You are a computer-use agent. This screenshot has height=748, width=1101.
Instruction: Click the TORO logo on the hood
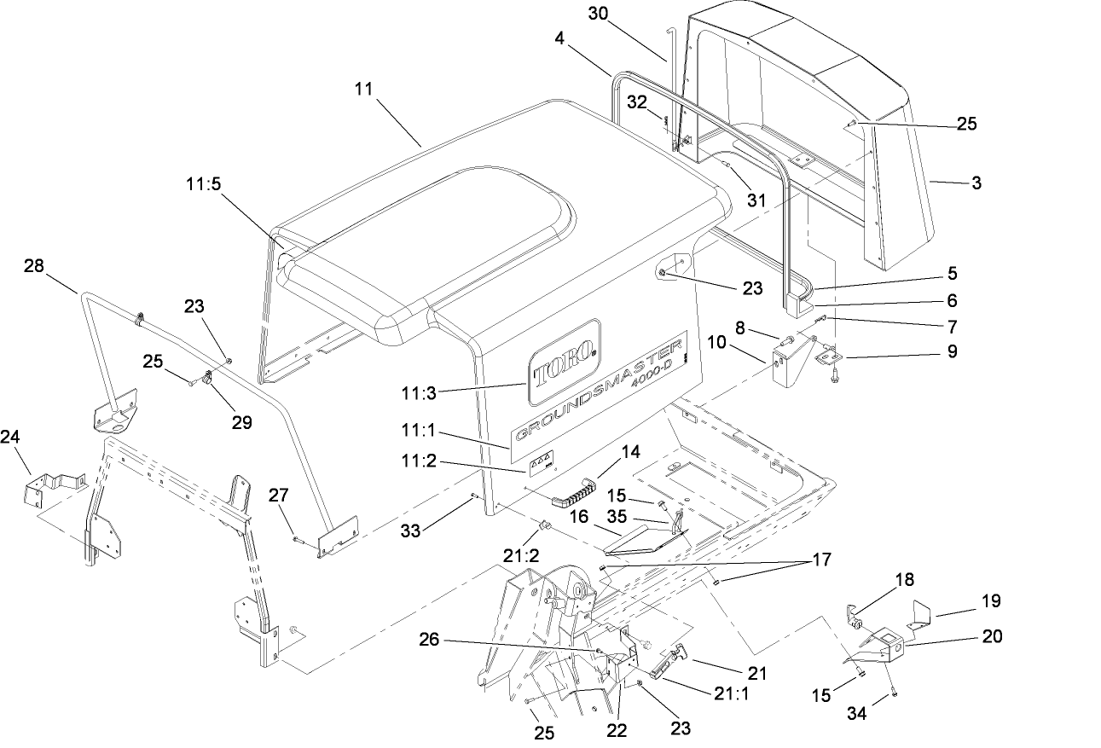click(564, 362)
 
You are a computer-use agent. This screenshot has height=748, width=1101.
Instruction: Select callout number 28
click(34, 267)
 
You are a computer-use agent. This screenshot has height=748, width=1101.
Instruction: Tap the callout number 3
click(976, 183)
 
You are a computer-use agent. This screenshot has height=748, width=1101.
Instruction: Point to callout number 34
click(857, 713)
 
